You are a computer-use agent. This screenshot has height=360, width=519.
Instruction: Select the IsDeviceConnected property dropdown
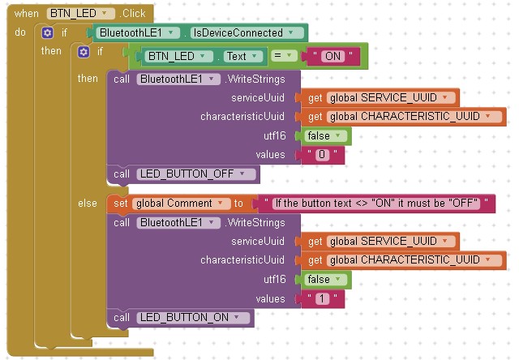247,33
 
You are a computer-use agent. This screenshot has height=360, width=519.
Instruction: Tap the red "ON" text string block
332,56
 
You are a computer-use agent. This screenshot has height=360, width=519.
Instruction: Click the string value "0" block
322,154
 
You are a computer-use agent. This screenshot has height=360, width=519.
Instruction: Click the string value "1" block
322,299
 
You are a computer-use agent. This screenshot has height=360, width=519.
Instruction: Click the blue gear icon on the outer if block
48,33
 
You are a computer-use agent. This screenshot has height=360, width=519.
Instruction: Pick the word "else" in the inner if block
87,203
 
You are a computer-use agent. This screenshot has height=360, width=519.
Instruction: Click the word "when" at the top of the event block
26,14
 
